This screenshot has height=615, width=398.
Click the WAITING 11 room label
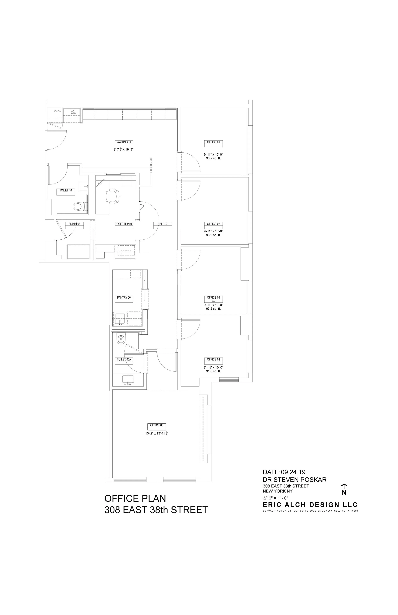click(x=124, y=142)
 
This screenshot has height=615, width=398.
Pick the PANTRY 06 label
click(x=124, y=297)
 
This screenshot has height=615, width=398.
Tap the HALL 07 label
click(x=163, y=224)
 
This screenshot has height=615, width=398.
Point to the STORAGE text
click(x=57, y=111)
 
